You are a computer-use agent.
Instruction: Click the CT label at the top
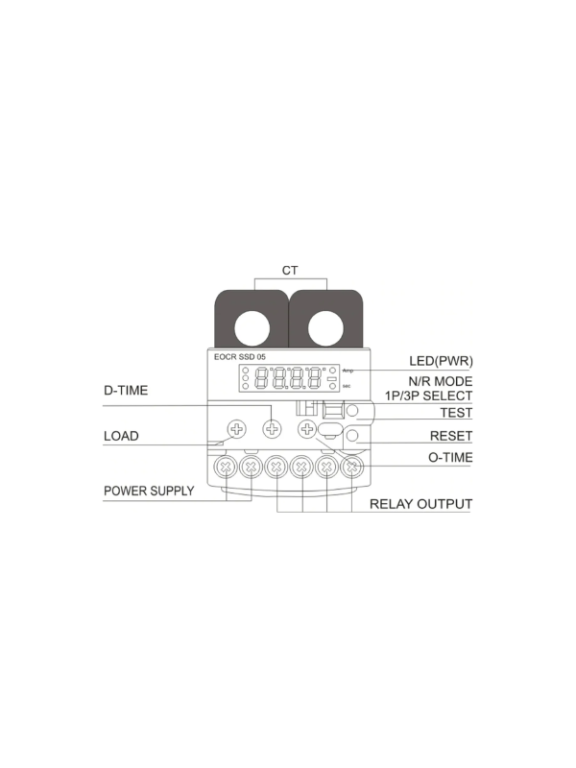[x=290, y=271]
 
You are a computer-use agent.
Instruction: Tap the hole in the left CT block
[x=252, y=328]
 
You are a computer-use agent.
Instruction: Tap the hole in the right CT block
[x=325, y=328]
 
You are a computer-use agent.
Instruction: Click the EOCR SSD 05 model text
[x=239, y=357]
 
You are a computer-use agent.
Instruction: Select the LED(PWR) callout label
[x=441, y=362]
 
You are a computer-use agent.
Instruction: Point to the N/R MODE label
[x=441, y=381]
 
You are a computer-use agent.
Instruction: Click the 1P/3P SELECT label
[x=429, y=396]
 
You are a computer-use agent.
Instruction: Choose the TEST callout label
[x=456, y=413]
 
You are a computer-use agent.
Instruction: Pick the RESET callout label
[x=451, y=436]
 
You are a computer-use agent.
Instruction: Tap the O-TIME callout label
[x=450, y=458]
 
